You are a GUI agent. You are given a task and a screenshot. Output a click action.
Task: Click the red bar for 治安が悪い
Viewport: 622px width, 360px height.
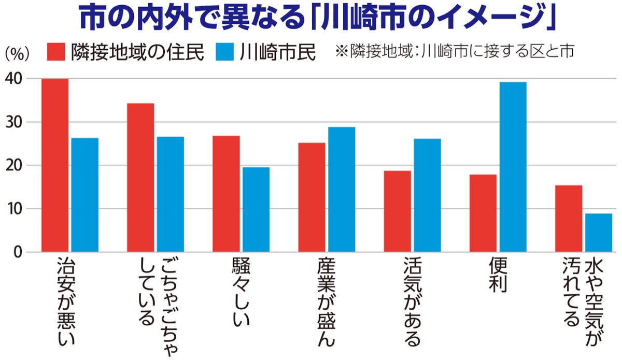[x=55, y=165]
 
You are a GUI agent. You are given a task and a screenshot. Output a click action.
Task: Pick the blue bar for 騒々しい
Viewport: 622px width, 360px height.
[x=256, y=209]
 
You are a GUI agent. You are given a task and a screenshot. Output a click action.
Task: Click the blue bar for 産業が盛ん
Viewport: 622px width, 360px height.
[x=342, y=190]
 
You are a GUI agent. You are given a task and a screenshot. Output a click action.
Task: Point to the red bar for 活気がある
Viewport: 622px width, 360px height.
[x=397, y=211]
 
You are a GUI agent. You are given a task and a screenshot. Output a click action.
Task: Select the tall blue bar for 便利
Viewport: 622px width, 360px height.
[x=513, y=167]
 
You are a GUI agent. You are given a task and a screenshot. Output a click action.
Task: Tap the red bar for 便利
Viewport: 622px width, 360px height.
[x=483, y=213]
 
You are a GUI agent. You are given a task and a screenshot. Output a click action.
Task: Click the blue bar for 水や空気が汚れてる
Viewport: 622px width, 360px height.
[x=598, y=233]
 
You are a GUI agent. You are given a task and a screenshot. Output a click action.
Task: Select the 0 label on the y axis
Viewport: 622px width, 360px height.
[x=19, y=252]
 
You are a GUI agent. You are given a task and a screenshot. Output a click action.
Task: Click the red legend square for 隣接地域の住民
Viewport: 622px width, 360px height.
[x=56, y=52]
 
